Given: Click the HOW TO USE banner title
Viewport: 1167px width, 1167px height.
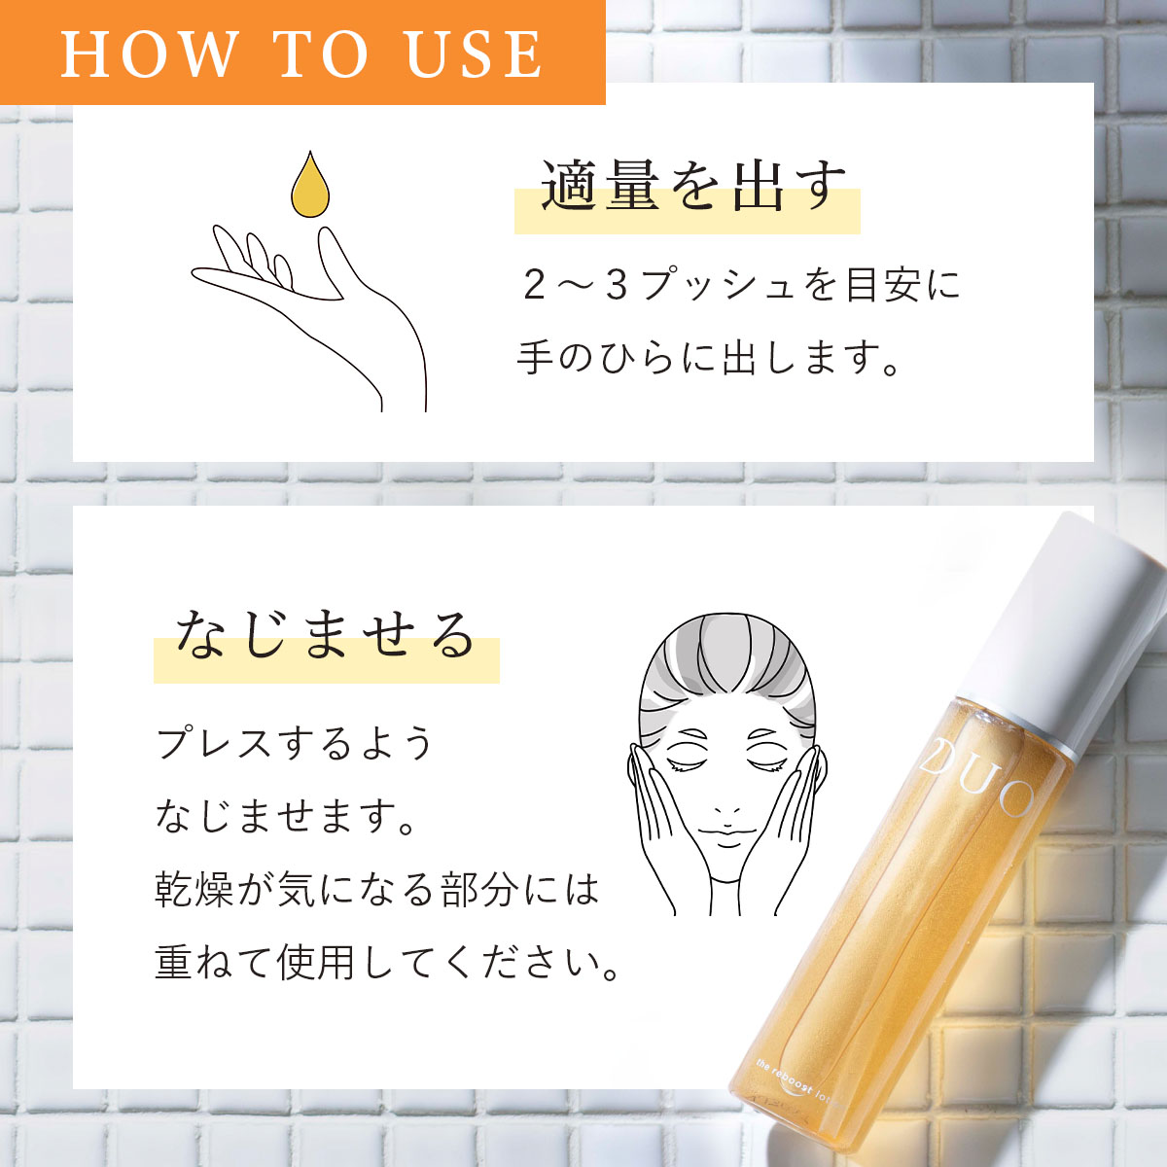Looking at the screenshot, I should coord(301,53).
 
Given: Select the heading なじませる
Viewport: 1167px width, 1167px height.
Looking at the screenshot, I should coord(325,637).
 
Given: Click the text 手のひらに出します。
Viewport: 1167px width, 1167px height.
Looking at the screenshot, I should coord(709,358).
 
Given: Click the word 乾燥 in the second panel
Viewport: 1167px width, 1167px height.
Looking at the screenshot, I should coord(194,890).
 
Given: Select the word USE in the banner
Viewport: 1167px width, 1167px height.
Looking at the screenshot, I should coord(474,53).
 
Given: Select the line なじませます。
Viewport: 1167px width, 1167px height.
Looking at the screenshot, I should coord(287,817).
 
